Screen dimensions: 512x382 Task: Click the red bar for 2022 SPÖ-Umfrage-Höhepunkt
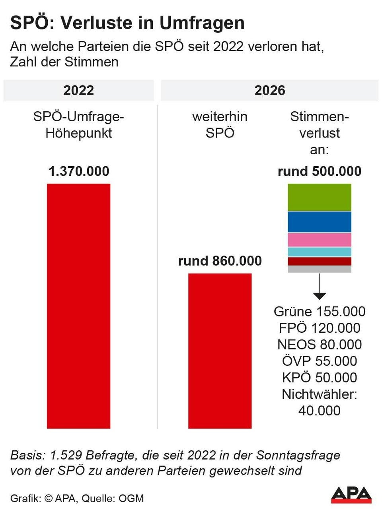pos(78,306)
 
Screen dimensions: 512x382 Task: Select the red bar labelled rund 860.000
pos(220,351)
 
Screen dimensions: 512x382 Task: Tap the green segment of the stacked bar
pos(319,197)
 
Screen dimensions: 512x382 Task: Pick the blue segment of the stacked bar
pos(319,222)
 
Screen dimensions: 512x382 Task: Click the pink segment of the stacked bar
pos(319,240)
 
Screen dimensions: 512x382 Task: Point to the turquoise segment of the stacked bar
pos(319,252)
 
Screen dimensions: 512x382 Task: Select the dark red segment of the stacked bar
pos(319,261)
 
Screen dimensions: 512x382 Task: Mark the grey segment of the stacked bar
pos(319,269)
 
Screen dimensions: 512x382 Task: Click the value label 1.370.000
pos(78,171)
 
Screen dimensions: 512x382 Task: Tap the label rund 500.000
pos(319,171)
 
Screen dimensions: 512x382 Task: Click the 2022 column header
pos(78,90)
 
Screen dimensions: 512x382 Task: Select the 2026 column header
pos(269,90)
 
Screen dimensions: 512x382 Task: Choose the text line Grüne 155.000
pos(319,311)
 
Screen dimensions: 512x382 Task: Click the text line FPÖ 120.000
pos(319,328)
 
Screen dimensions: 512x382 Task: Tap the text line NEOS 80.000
pos(319,344)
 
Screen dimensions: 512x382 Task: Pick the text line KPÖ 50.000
pos(319,377)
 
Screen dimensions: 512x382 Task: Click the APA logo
pos(351,495)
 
